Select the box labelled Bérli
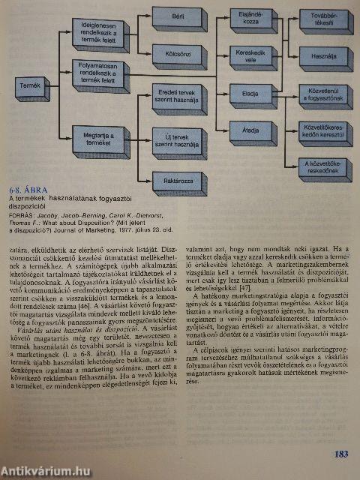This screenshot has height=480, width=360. click(x=178, y=19)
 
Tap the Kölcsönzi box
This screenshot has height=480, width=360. click(x=179, y=55)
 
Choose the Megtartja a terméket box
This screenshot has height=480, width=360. click(x=98, y=136)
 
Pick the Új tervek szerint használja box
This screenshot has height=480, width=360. click(x=178, y=140)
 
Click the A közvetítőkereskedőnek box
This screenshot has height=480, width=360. click(x=323, y=166)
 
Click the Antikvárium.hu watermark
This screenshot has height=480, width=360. click(x=45, y=470)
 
